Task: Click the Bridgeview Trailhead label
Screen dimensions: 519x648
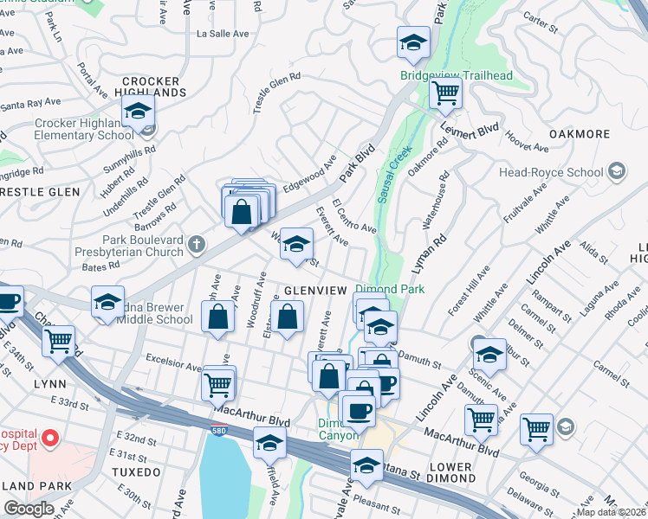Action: point(457,75)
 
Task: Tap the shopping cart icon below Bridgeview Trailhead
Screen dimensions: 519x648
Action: point(445,93)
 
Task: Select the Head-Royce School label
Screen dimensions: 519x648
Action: point(549,171)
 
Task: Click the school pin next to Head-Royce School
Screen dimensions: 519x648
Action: point(616,172)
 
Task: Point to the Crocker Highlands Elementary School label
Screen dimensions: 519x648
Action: point(84,129)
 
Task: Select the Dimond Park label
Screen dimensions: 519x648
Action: point(388,289)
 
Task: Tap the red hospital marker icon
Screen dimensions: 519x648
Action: point(49,438)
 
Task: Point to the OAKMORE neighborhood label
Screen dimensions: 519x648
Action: point(580,134)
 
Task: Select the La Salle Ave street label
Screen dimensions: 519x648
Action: point(223,34)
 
